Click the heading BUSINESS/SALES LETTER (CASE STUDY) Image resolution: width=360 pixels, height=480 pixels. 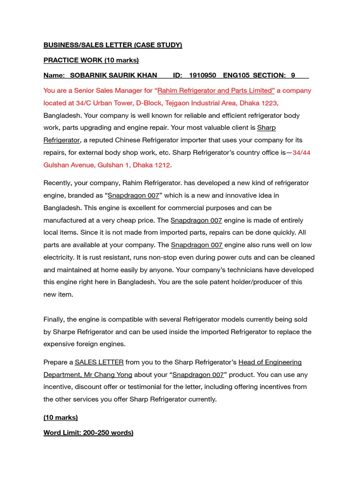(112, 45)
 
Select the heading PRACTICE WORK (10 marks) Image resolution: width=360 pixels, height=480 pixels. (91, 60)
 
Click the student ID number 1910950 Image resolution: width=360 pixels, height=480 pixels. (202, 75)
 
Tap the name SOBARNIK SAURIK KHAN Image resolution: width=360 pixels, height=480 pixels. (107, 75)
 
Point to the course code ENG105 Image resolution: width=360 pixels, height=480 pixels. (237, 75)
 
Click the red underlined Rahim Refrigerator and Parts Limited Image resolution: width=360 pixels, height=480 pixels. (216, 90)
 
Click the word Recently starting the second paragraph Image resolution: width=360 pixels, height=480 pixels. (59, 183)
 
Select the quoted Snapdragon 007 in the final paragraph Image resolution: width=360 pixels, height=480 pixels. (198, 375)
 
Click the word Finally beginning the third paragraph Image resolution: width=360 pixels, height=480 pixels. (55, 319)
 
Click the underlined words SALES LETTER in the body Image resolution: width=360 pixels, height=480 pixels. (99, 362)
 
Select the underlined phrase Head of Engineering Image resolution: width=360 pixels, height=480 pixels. (270, 362)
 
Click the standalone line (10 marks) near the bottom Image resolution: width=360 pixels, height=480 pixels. (60, 417)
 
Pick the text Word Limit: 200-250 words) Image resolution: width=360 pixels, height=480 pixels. (88, 433)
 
